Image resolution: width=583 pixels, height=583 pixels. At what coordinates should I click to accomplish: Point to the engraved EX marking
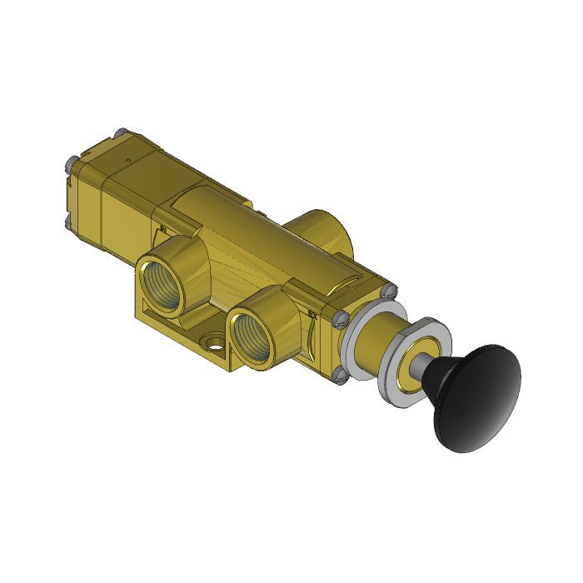(312, 314)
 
